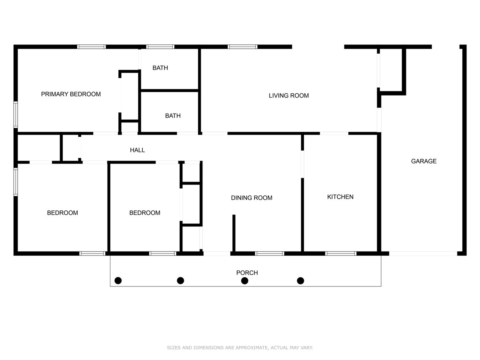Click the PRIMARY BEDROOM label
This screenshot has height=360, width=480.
point(71,94)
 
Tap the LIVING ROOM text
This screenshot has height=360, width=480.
point(288,96)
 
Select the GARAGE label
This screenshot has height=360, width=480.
point(424,161)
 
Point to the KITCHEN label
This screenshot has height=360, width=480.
point(340,197)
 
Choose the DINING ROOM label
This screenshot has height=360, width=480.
point(252,198)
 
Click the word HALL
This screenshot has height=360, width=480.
point(137,150)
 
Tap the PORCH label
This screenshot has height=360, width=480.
point(247,273)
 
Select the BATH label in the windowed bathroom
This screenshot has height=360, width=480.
point(160,68)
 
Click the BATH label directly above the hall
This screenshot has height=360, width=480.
point(173,116)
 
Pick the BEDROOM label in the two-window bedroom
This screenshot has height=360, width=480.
point(62,213)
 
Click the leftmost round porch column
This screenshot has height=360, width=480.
point(118,281)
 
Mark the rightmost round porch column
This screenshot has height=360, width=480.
point(300,281)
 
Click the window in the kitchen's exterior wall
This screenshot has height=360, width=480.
point(341,253)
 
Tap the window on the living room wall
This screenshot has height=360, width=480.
point(243,47)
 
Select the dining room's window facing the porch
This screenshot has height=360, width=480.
point(270,253)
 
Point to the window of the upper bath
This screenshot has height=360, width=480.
point(160,47)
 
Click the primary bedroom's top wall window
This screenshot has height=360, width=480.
point(92,47)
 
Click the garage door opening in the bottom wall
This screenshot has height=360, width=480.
point(423,253)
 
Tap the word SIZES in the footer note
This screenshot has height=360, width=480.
point(174,348)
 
